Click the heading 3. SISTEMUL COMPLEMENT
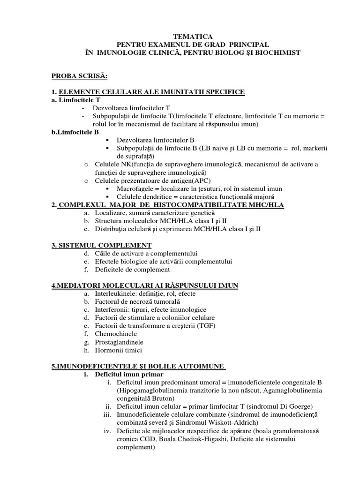pyautogui.click(x=102, y=245)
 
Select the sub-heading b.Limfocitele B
pyautogui.click(x=75, y=132)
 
